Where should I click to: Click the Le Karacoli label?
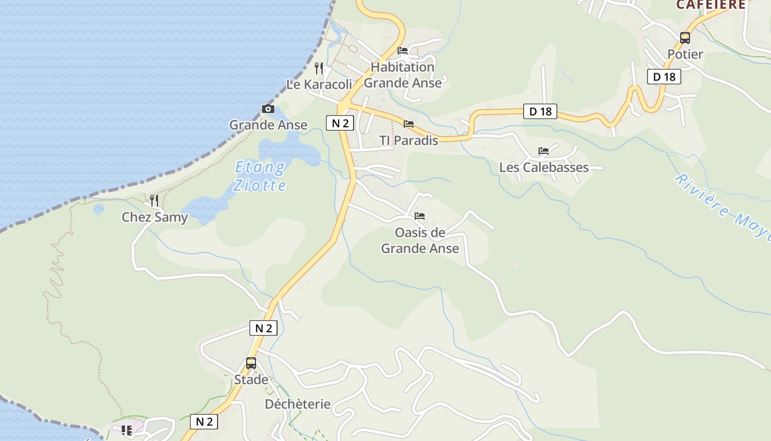tap(319, 84)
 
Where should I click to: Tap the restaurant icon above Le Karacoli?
tap(319, 68)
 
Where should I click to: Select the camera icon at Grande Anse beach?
tap(268, 109)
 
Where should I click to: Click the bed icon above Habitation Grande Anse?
tap(403, 51)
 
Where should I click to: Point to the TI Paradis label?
tap(409, 141)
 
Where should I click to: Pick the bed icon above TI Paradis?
tap(409, 124)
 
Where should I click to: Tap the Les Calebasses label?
tap(544, 167)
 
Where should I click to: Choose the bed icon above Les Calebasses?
tap(544, 151)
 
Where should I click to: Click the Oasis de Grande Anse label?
tap(420, 240)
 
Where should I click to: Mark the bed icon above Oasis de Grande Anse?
tap(420, 216)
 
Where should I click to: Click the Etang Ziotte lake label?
tap(259, 176)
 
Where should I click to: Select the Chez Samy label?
tap(154, 217)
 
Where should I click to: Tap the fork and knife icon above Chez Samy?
tap(154, 201)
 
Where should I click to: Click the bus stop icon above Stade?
tap(251, 363)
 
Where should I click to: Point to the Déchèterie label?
tap(297, 404)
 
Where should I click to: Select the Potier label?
tap(685, 54)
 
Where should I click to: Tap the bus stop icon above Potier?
tap(685, 38)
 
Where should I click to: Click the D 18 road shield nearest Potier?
tap(664, 77)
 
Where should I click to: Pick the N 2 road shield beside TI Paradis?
tap(340, 123)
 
